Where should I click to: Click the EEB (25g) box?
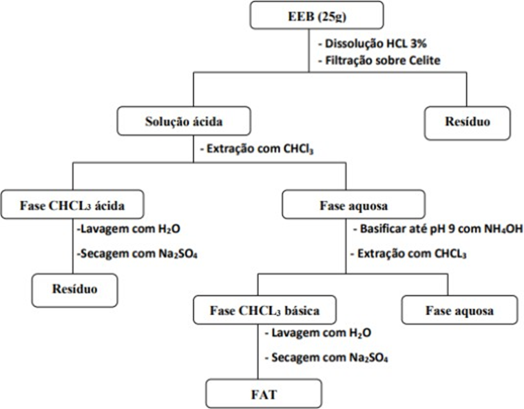pyautogui.click(x=317, y=15)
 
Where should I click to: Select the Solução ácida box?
pyautogui.click(x=184, y=121)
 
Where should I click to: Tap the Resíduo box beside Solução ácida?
pyautogui.click(x=468, y=123)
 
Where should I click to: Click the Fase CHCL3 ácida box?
pyautogui.click(x=72, y=204)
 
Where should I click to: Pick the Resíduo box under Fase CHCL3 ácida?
pyautogui.click(x=75, y=290)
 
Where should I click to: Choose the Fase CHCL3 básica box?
pyautogui.click(x=264, y=310)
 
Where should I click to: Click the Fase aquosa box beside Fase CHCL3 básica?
pyautogui.click(x=459, y=310)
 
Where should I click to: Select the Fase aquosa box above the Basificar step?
pyautogui.click(x=353, y=204)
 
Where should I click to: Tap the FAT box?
pyautogui.click(x=264, y=394)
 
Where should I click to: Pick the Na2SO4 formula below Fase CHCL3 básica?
pyautogui.click(x=368, y=358)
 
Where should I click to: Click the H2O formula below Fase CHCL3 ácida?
pyautogui.click(x=168, y=229)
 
